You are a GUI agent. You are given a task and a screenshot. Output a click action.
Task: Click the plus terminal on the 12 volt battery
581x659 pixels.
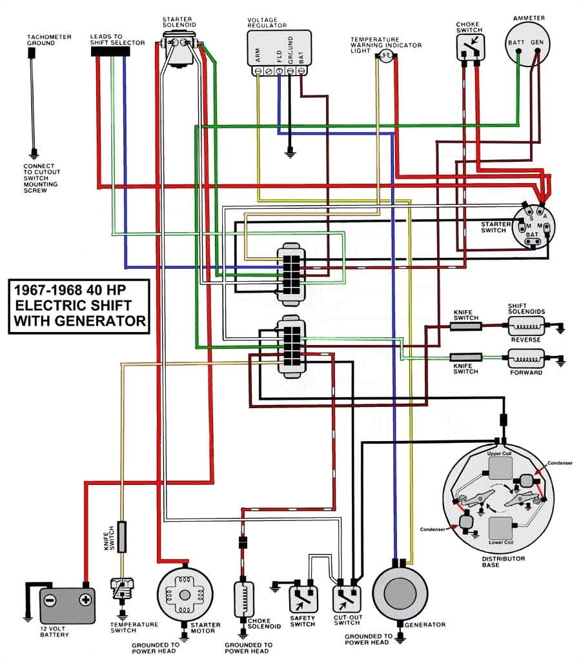(84, 600)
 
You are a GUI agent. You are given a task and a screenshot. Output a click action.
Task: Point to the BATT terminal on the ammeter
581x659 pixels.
(516, 42)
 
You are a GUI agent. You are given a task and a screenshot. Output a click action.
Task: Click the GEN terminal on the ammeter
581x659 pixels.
(536, 42)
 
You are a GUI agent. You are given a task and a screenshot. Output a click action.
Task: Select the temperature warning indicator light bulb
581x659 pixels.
(385, 58)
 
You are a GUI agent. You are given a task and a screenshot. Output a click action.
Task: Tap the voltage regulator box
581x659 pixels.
(278, 48)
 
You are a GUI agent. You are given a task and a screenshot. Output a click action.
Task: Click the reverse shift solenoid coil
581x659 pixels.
(526, 326)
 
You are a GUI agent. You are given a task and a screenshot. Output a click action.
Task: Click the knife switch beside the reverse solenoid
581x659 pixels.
(466, 326)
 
